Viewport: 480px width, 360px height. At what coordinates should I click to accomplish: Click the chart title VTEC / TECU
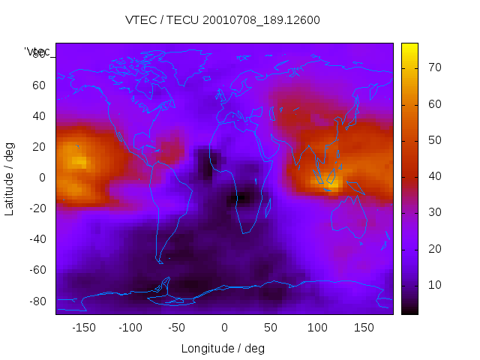point(222,20)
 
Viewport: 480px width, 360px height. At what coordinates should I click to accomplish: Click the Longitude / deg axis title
point(223,348)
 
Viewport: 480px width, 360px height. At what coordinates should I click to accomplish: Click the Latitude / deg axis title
point(10,178)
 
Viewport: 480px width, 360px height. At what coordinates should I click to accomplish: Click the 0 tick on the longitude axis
point(223,327)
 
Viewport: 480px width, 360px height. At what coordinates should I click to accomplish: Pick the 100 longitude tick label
point(316,327)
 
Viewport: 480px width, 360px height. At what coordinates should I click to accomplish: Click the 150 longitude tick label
point(363,327)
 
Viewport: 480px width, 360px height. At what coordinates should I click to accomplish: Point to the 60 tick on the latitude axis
point(38,85)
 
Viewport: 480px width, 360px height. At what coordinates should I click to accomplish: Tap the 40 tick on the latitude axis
point(38,115)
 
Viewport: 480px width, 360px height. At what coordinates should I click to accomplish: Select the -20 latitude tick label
point(36,208)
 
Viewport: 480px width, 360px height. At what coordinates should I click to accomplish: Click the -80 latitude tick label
point(36,301)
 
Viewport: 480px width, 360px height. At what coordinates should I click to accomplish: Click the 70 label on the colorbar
point(433,67)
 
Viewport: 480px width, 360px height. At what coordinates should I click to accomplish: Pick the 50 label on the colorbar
point(433,140)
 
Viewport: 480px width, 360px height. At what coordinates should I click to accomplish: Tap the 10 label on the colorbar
point(433,285)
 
